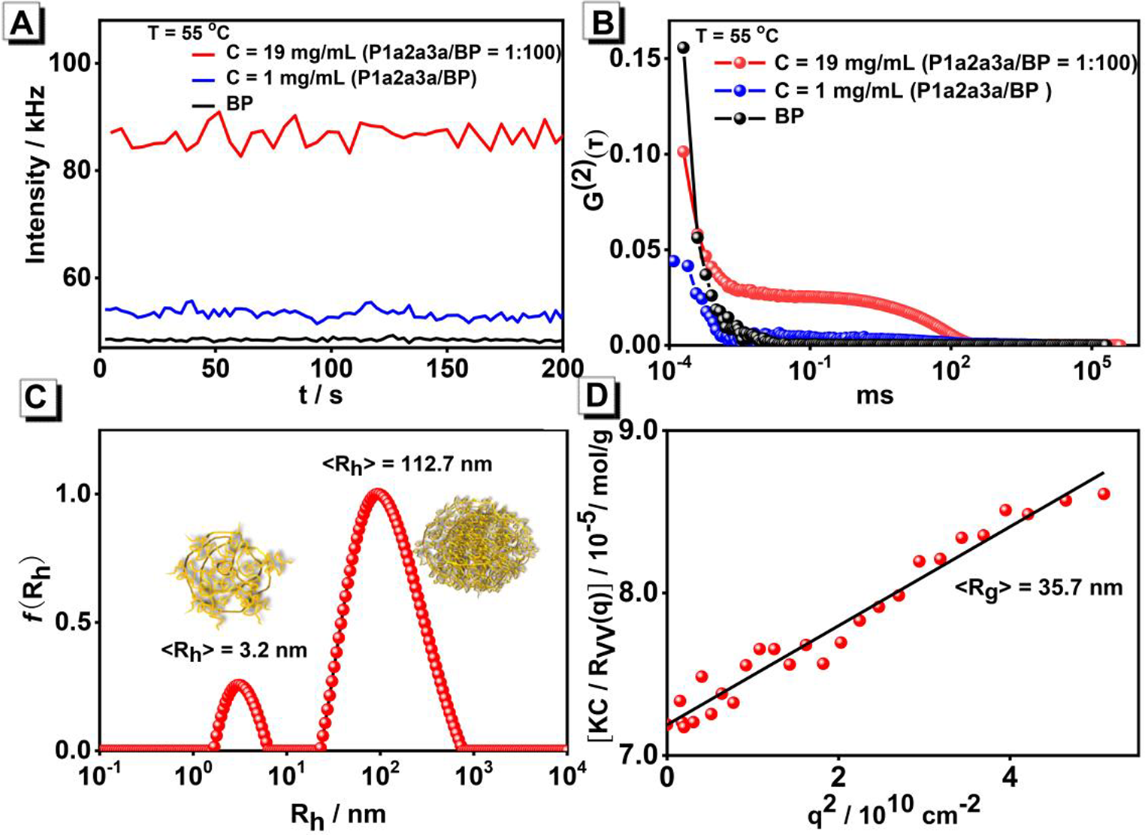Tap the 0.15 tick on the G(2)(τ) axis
(639, 59)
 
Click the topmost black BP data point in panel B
(684, 48)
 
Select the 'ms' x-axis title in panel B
(875, 395)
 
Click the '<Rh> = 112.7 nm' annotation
(407, 464)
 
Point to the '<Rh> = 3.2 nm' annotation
(234, 649)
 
